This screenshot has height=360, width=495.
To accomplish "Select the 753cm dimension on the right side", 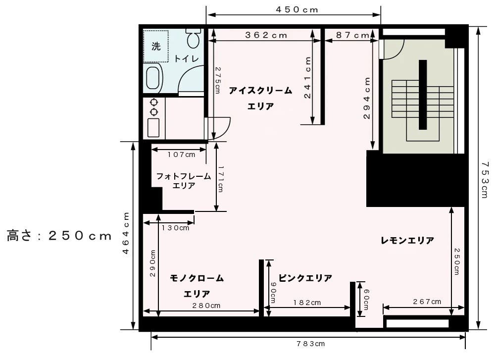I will point(485,179).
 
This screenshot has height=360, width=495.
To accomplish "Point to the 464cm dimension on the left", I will point(126,233).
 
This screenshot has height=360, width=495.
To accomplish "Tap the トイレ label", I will point(186,58).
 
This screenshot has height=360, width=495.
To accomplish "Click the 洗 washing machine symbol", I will point(156,47).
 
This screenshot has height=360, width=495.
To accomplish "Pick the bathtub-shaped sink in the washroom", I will point(153,78).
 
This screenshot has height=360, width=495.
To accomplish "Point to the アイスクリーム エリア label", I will point(260,98).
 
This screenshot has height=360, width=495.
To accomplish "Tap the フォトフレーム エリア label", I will point(184,181).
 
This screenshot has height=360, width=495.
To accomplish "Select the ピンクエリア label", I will point(305,278).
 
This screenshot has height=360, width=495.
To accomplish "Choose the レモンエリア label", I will point(407,241).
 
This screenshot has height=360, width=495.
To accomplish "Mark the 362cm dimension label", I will point(266,35).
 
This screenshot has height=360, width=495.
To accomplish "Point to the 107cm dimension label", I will point(181,154).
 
